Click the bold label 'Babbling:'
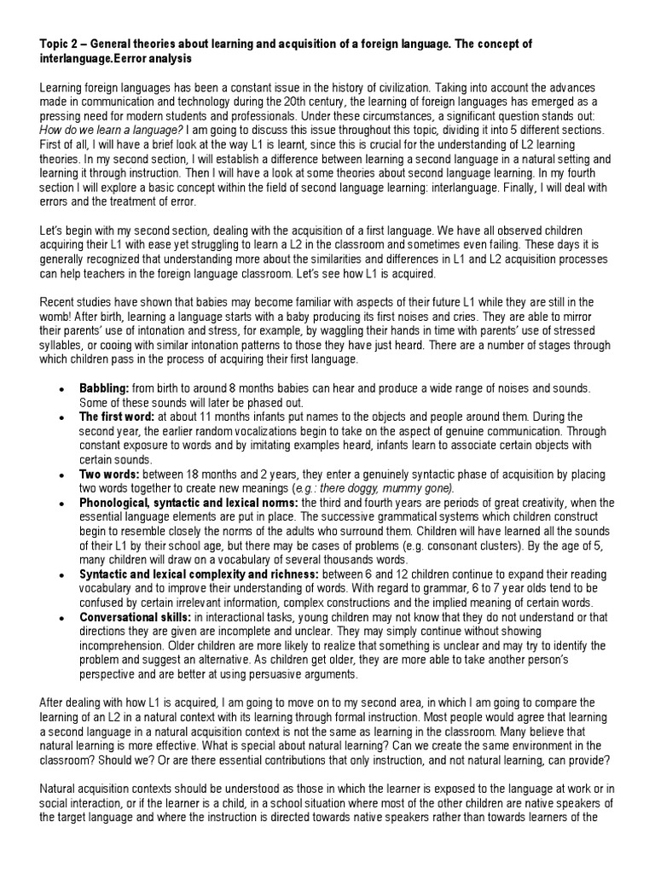click(x=104, y=388)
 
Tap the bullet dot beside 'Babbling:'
click(x=61, y=389)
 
